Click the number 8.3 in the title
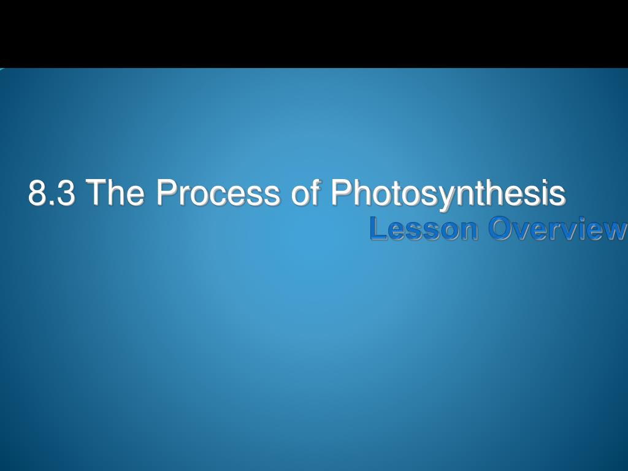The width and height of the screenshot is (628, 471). (x=52, y=193)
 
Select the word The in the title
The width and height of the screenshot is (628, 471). (x=115, y=193)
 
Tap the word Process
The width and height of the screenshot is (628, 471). (x=218, y=193)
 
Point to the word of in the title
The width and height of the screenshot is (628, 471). (x=306, y=193)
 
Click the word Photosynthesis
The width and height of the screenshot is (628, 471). (x=448, y=193)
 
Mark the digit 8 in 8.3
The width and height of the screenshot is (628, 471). (x=37, y=194)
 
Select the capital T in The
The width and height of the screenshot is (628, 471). (x=95, y=193)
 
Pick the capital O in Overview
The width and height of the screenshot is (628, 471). (x=502, y=229)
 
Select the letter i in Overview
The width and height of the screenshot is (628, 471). (x=579, y=229)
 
